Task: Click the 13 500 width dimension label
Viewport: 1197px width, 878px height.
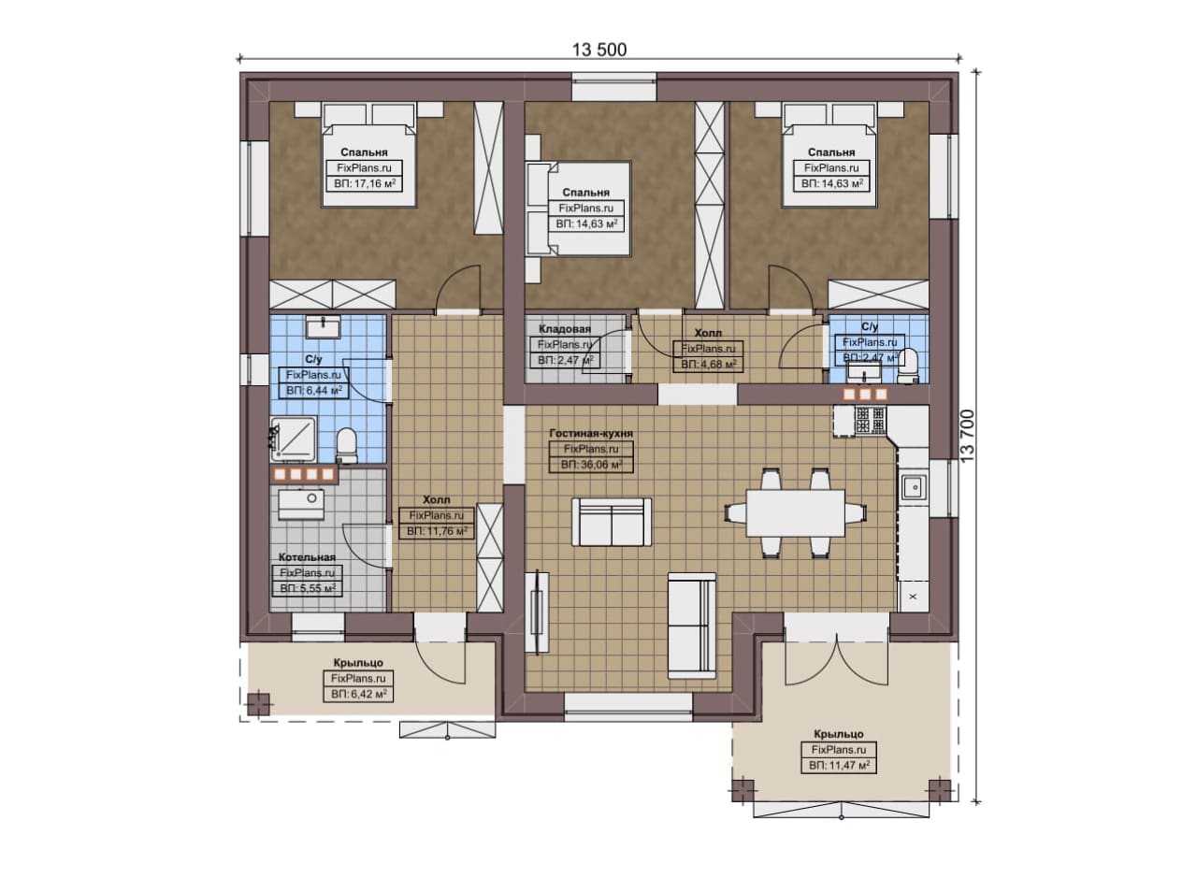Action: click(x=599, y=50)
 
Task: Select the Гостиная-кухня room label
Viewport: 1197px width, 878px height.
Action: click(x=591, y=433)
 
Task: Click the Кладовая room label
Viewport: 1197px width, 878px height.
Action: click(x=564, y=329)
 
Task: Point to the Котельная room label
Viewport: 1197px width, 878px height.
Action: click(x=307, y=557)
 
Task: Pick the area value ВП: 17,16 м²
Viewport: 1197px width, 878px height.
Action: click(x=365, y=184)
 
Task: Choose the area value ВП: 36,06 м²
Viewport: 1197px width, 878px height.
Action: click(x=591, y=465)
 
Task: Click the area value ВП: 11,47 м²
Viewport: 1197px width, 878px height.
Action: click(x=839, y=766)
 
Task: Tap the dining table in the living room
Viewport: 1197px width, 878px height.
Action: click(x=795, y=513)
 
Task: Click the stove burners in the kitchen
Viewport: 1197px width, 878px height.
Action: click(x=871, y=420)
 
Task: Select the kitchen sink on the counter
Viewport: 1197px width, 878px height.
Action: click(x=915, y=487)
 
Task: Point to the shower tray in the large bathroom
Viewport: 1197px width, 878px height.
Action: click(x=293, y=439)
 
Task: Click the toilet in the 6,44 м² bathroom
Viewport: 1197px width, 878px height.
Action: click(x=347, y=445)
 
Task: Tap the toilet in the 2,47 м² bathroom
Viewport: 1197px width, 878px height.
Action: click(x=908, y=365)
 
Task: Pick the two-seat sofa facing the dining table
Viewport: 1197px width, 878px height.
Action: click(x=612, y=522)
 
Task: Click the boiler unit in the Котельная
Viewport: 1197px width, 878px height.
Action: click(x=301, y=504)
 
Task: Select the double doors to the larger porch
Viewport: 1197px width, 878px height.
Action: click(x=837, y=657)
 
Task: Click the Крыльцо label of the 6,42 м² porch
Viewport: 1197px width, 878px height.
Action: click(x=358, y=663)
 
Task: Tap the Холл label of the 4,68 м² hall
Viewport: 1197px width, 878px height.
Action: click(x=708, y=333)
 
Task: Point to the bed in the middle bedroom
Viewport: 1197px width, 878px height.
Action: click(x=578, y=209)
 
